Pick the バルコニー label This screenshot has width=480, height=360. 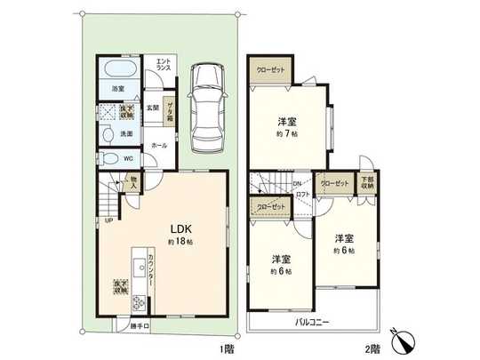314,322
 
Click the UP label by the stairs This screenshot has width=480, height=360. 108,221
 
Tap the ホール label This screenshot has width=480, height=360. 158,144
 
